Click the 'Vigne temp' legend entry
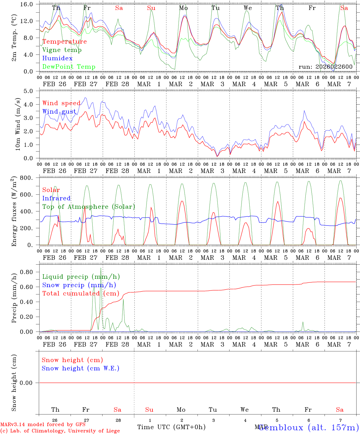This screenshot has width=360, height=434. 62,50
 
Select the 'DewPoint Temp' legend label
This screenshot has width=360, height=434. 69,67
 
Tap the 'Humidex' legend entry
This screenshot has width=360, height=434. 57,58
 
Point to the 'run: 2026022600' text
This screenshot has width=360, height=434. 325,67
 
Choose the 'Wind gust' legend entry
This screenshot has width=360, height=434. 59,112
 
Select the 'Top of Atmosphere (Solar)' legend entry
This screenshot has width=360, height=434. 88,207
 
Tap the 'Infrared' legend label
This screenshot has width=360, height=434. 56,198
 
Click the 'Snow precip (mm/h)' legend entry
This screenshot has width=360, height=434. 79,285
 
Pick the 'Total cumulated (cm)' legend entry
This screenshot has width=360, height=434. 81,294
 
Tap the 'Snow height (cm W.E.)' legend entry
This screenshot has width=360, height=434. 80,368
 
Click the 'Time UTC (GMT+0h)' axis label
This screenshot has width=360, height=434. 171,427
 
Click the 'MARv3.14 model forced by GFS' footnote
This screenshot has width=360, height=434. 43,425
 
